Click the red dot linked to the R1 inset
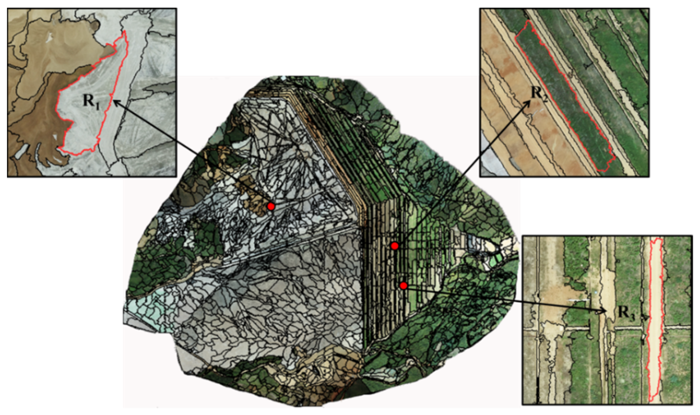click(271, 206)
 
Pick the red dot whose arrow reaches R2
click(395, 246)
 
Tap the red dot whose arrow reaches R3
click(403, 286)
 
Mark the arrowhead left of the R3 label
click(602, 311)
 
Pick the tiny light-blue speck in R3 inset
click(596, 293)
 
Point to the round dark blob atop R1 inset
click(94, 24)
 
